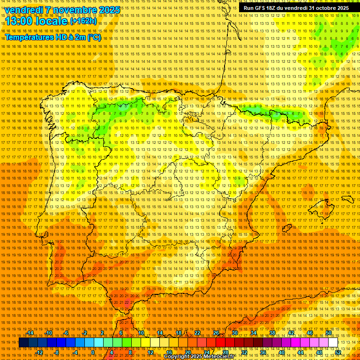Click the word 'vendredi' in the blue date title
coord(23,10)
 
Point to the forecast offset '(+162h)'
coord(83,21)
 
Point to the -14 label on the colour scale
coord(30,333)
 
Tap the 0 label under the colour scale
coord(93,352)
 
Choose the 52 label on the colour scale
coord(337,352)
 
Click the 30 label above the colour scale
coord(234,333)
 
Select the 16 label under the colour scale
coord(169,352)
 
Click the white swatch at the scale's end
coord(333,343)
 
